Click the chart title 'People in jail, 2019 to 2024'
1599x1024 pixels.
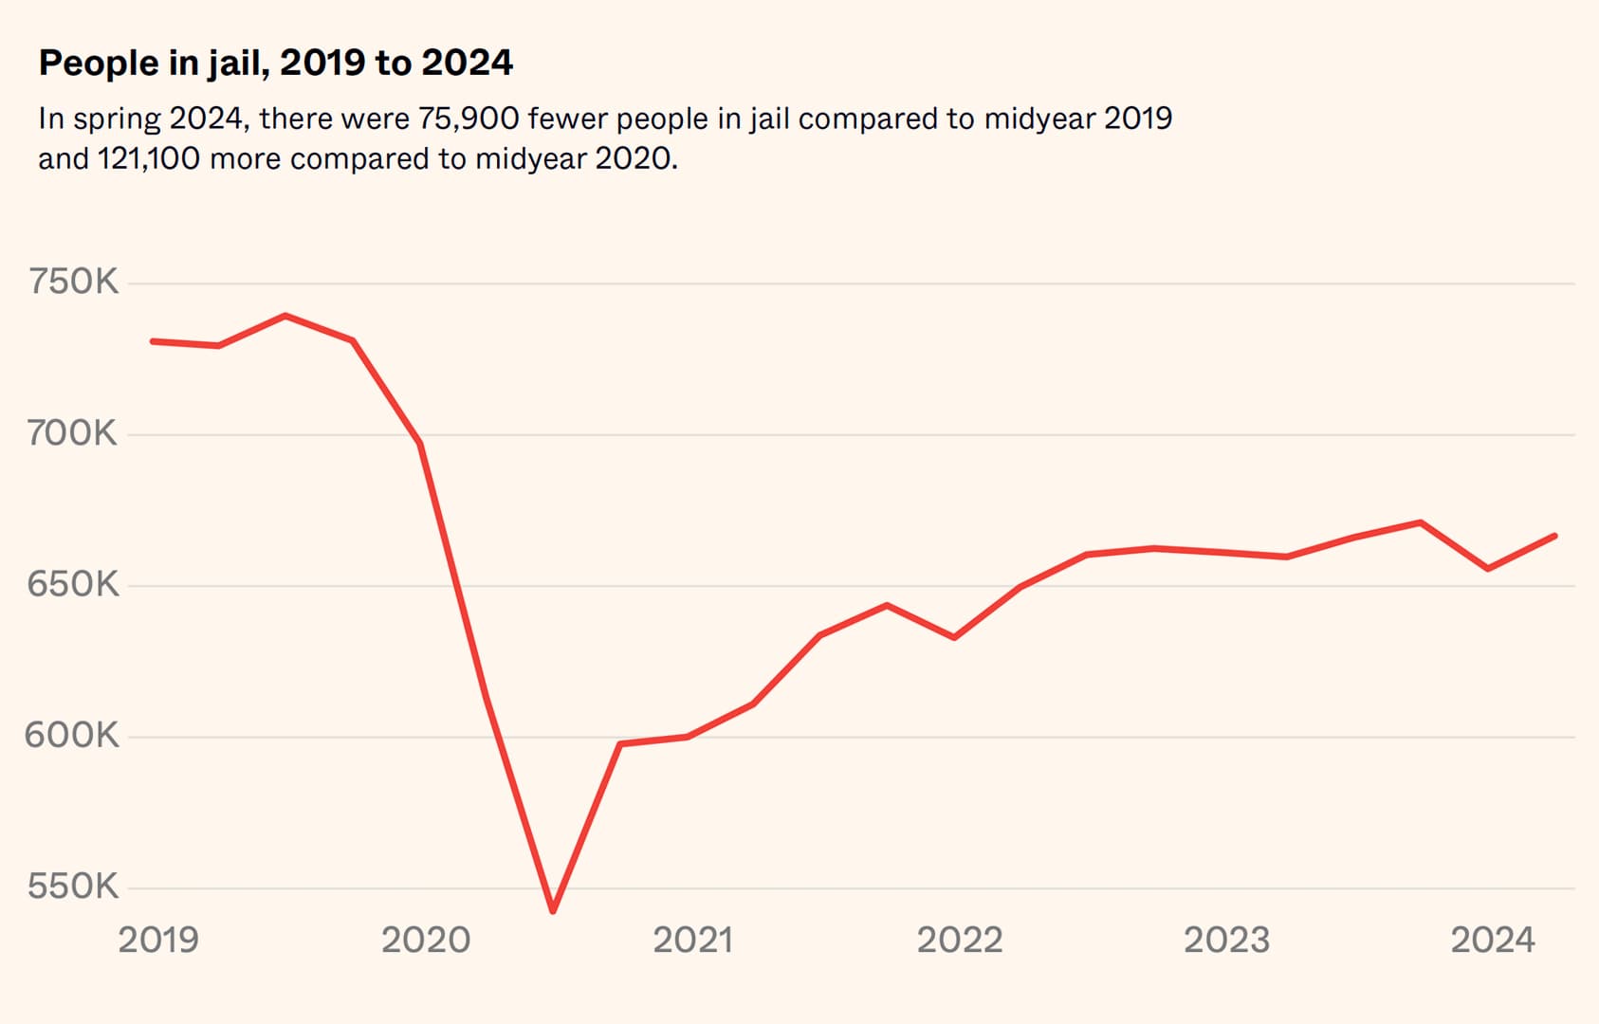(x=275, y=64)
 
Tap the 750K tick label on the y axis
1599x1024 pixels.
(x=73, y=282)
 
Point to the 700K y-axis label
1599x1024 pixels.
(x=72, y=433)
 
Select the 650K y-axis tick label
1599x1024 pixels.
(x=73, y=584)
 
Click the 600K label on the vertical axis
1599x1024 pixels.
(x=72, y=735)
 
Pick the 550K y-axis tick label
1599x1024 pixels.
(x=73, y=887)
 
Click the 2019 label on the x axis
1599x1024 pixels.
(x=158, y=940)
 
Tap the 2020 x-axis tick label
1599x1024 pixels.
(x=426, y=940)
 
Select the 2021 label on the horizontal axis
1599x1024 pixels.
(x=693, y=940)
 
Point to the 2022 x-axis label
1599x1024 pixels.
(x=960, y=940)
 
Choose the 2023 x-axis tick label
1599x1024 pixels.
(x=1226, y=940)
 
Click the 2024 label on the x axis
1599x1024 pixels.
(x=1493, y=940)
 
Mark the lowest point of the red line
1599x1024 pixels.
(x=553, y=911)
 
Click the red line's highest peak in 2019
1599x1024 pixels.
(x=285, y=316)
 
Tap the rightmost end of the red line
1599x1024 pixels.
(x=1555, y=536)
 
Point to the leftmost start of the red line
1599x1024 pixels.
(x=153, y=341)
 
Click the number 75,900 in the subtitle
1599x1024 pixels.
(x=469, y=119)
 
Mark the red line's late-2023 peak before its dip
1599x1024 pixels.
(x=1420, y=522)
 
